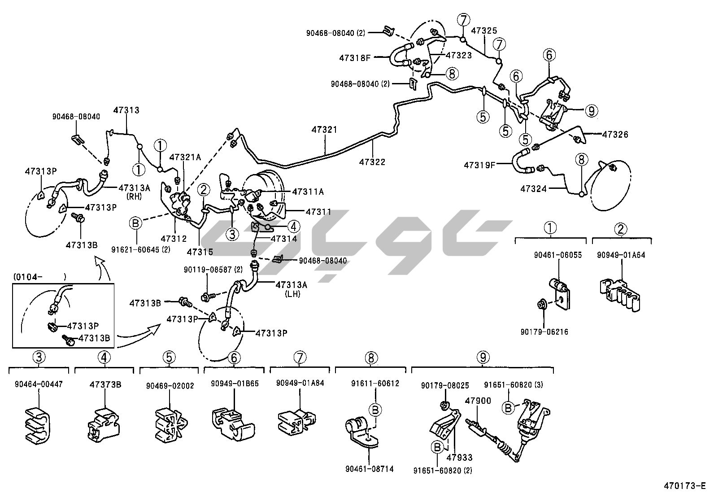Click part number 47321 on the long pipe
[x=324, y=130]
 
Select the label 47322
[x=372, y=162]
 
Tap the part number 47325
[x=484, y=31]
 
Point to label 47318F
[x=356, y=58]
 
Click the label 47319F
[x=479, y=165]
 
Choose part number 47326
[x=615, y=135]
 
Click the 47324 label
[x=534, y=189]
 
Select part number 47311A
[x=308, y=192]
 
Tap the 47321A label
[x=185, y=157]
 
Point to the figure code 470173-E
[x=684, y=486]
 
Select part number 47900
[x=478, y=401]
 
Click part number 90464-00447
[x=39, y=384]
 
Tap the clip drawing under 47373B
[x=104, y=424]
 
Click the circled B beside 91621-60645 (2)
[x=136, y=223]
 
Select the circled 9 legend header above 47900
[x=482, y=358]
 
